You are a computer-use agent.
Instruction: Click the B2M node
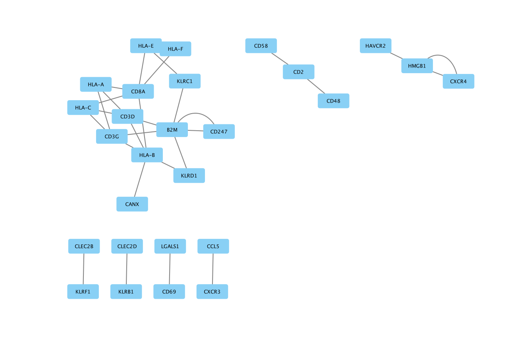coord(172,130)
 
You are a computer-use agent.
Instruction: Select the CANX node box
coord(132,204)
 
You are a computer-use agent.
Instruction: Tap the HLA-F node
coord(176,49)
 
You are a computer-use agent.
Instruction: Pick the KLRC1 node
coord(185,81)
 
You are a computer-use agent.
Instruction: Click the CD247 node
coord(219,132)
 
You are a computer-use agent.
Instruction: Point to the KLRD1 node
coord(189,176)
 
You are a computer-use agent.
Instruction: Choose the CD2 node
coord(299,72)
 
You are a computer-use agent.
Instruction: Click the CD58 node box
coord(261,46)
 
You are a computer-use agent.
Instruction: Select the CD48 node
coord(334,101)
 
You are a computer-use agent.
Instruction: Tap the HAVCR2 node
coord(376,46)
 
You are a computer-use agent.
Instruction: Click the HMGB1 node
coord(417,66)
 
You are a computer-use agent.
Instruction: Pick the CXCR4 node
coord(458,81)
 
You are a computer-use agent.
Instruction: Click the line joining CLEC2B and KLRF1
coord(83,269)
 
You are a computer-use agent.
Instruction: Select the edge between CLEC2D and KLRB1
coord(127,269)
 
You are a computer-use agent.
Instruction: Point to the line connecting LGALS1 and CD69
coord(170,269)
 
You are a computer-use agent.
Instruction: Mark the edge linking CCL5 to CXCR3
coord(213,269)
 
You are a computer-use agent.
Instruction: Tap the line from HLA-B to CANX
coord(140,180)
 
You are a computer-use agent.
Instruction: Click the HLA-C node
coord(83,108)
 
